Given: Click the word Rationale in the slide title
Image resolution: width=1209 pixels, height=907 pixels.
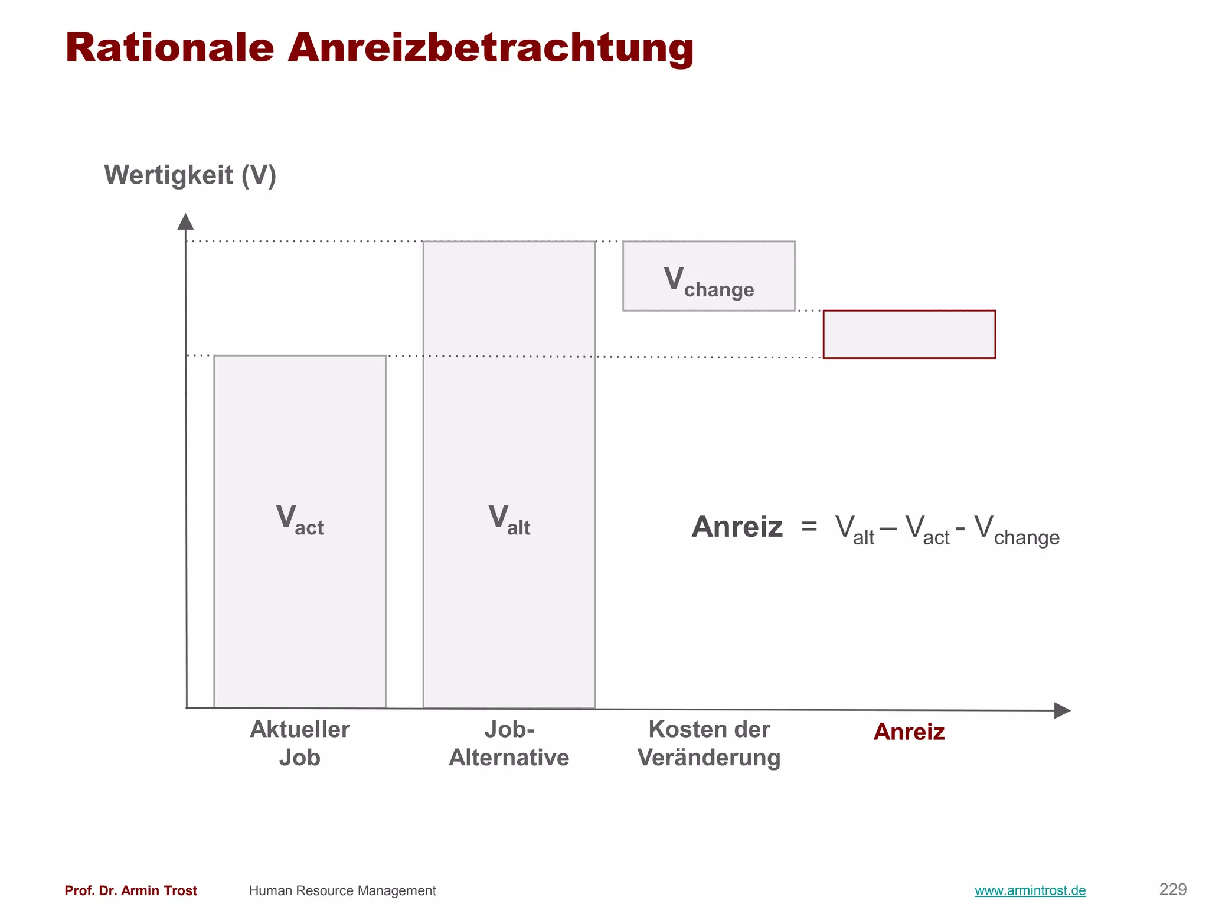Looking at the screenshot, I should (170, 47).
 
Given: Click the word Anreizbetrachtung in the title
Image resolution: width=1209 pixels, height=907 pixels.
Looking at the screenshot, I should (491, 47).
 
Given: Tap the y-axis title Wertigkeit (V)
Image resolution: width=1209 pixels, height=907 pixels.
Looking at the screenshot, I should (190, 175).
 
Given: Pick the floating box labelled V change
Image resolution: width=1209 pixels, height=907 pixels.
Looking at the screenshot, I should (708, 276).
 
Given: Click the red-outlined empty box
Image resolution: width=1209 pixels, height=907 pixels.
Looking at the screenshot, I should (909, 334).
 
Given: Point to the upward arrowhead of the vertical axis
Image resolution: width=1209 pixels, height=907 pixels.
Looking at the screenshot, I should (185, 221).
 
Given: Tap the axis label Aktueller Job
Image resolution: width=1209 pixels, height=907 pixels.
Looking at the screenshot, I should (300, 743).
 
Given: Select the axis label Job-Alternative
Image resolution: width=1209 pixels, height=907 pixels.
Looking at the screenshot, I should (509, 743).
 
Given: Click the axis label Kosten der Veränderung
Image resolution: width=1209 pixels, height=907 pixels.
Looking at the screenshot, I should (709, 743).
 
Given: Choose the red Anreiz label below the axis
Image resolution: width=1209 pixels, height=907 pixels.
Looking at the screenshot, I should (909, 732).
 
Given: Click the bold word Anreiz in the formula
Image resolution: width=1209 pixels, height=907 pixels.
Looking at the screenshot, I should (737, 527).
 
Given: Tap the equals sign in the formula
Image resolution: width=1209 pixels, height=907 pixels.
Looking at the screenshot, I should (809, 526).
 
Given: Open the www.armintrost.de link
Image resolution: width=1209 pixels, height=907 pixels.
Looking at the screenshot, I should (1030, 890).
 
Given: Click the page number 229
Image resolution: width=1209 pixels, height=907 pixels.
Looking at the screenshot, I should (1173, 889).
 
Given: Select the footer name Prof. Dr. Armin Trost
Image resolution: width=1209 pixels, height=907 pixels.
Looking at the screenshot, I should (131, 890).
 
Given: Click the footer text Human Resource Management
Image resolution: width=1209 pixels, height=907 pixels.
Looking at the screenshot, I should (342, 890).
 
